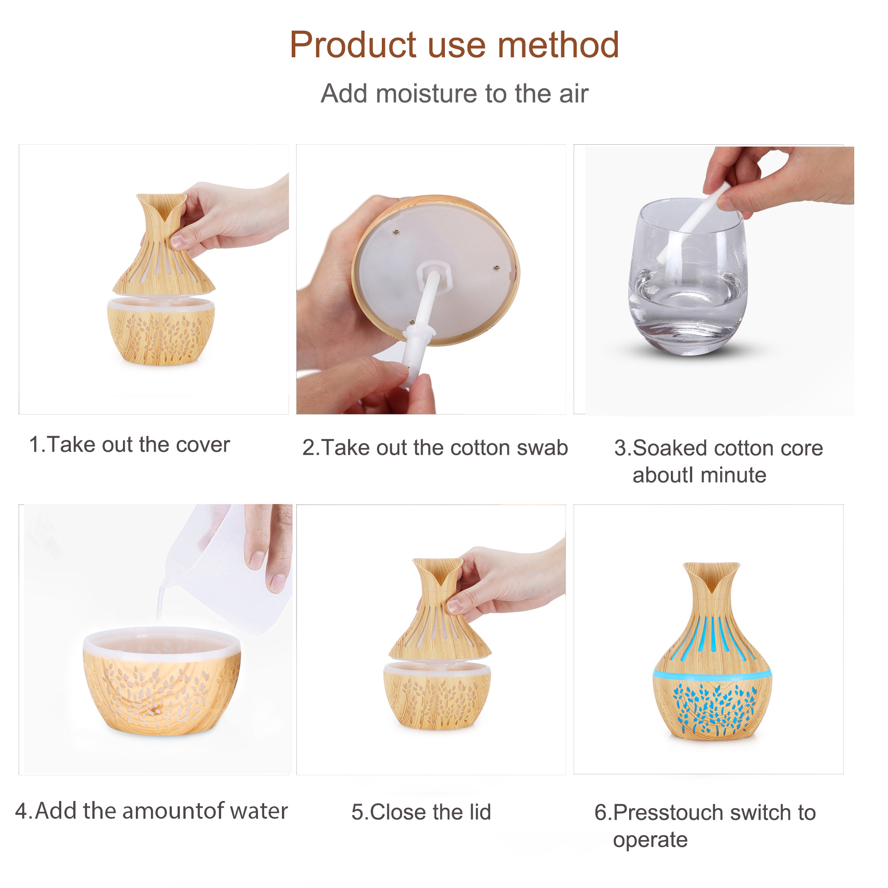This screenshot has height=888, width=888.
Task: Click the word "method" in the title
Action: [x=558, y=45]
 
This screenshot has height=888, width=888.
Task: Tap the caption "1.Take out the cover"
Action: [x=129, y=444]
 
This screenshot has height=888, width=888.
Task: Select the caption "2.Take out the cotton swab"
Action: [x=435, y=447]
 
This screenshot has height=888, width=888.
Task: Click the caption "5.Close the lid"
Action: [x=421, y=812]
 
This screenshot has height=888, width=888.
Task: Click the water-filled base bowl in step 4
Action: [x=162, y=681]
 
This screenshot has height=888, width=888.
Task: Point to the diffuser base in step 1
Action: [x=161, y=331]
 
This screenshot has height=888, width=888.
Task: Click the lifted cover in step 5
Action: [x=440, y=610]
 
